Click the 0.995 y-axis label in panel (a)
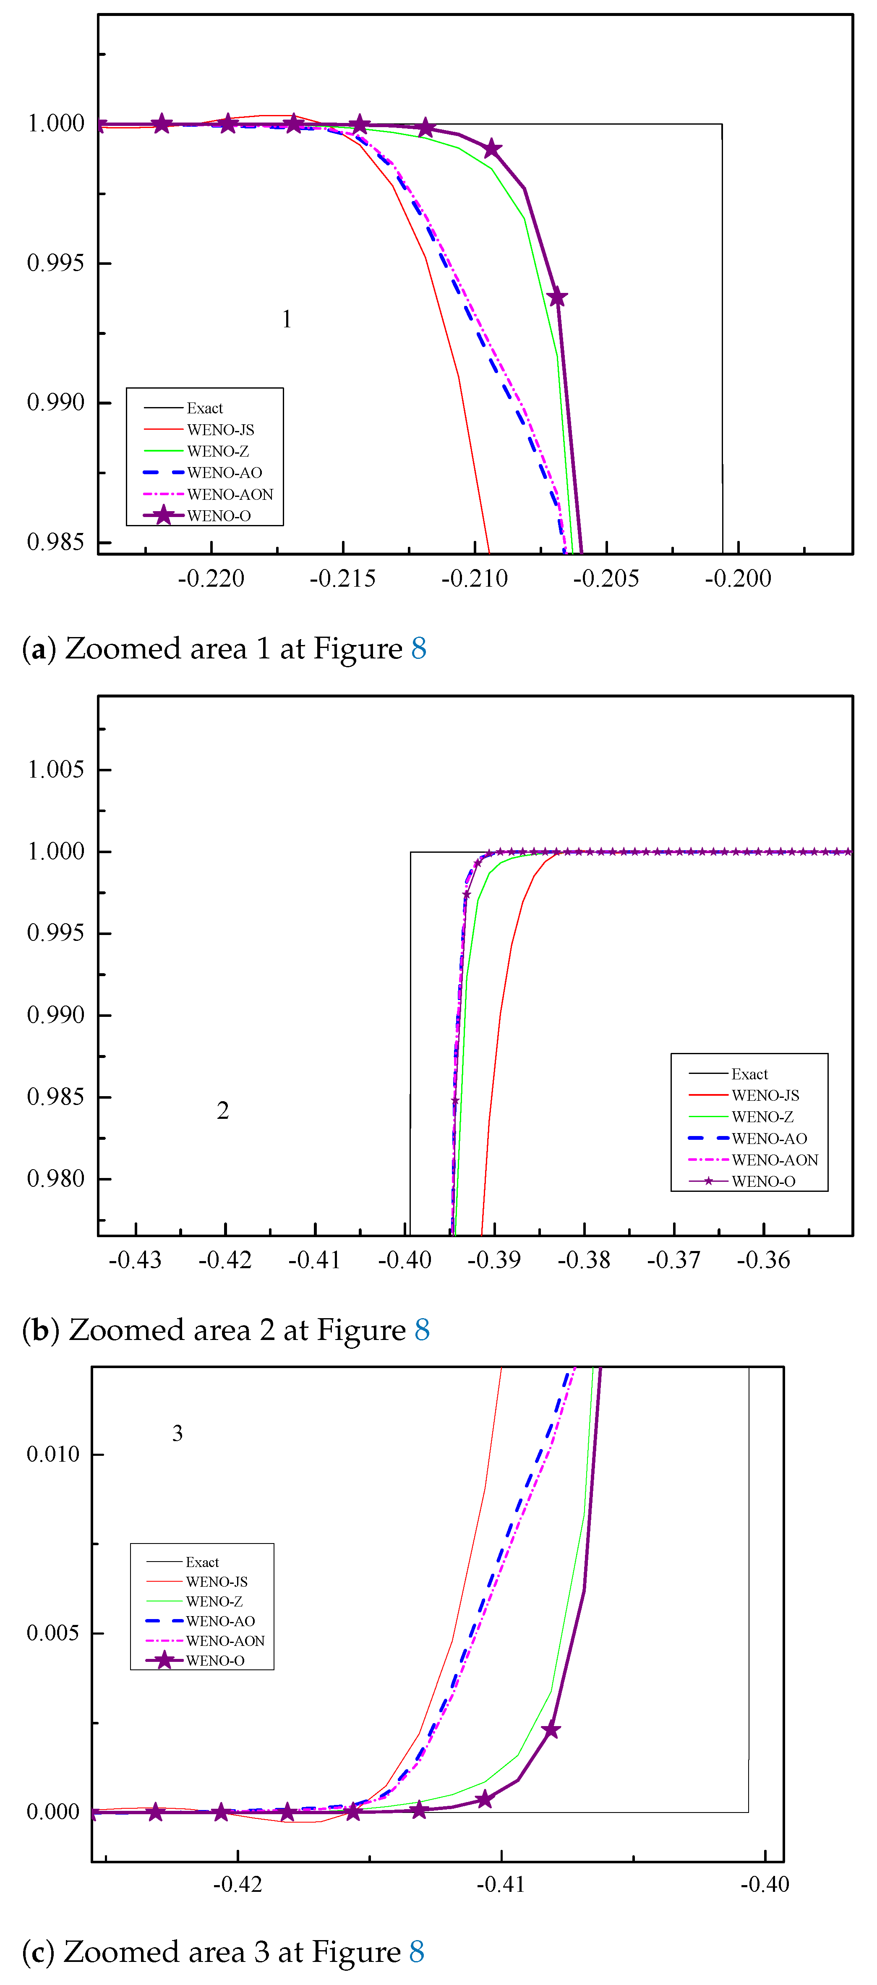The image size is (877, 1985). point(55,263)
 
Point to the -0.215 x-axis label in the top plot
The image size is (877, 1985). point(342,579)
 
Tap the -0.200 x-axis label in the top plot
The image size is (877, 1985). point(738,579)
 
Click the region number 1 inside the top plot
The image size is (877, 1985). point(287,319)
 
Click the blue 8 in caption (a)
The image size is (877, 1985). point(418,649)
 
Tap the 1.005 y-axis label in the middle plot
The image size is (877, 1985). point(55,769)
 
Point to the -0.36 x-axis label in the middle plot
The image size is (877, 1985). point(763,1261)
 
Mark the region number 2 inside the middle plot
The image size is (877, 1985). point(223,1110)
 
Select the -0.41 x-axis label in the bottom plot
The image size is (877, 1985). point(501,1885)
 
